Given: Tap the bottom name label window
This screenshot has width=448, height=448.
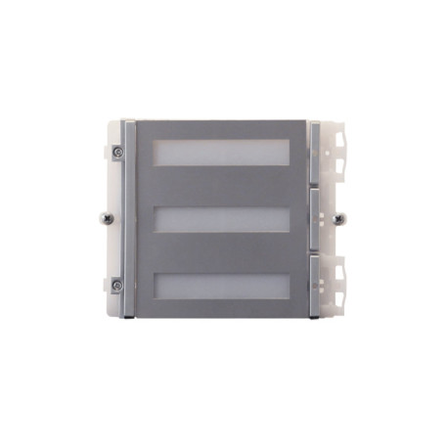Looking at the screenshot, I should pyautogui.click(x=221, y=284).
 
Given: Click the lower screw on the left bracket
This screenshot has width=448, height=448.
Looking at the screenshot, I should pyautogui.click(x=117, y=285).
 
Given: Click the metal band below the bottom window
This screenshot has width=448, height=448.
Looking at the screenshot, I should pyautogui.click(x=221, y=308).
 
